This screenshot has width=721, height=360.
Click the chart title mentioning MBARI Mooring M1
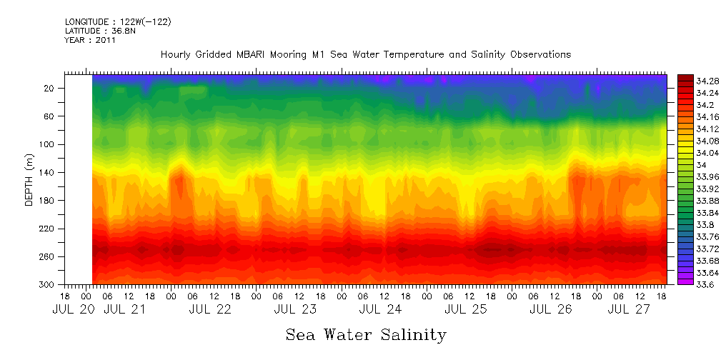[366, 54]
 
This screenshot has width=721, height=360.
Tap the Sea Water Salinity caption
[366, 334]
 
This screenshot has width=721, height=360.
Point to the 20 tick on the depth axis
[50, 88]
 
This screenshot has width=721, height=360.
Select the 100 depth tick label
[48, 144]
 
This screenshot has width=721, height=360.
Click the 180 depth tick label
[48, 201]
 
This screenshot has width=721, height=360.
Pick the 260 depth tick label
[48, 257]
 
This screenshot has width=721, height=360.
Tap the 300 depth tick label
[48, 285]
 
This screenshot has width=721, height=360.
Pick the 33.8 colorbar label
[687, 225]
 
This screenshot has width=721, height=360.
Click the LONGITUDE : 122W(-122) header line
[118, 21]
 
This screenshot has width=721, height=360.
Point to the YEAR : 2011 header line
[90, 40]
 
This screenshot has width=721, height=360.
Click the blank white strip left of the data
[79, 179]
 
